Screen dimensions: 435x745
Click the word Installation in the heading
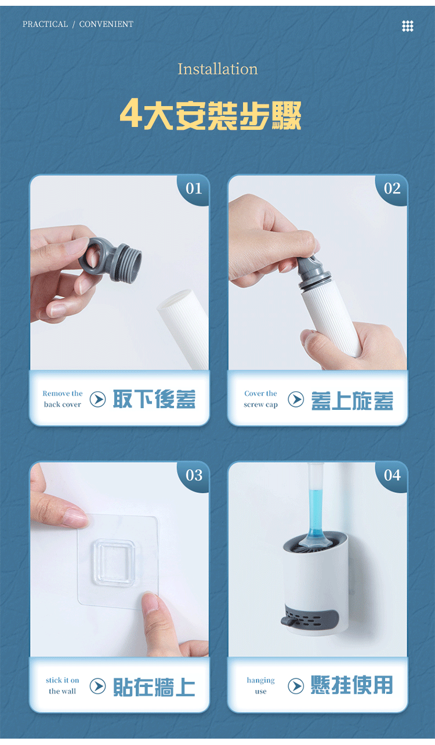coord(217,69)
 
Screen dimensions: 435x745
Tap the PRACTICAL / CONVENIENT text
coord(78,24)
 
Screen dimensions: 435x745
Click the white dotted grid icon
coord(408,26)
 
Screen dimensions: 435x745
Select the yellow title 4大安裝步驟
coord(211,114)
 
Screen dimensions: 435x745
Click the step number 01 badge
coord(194,188)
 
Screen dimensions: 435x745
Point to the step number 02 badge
coord(392,188)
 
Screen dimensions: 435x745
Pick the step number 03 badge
coord(194,475)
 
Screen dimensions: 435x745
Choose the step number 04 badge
coord(392,475)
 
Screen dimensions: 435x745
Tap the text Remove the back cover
coord(63,399)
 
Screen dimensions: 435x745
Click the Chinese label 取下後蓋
coord(154,399)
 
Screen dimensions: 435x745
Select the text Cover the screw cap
coord(260,399)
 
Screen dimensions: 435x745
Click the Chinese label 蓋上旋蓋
coord(352,401)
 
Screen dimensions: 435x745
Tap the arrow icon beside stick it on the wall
coord(98,686)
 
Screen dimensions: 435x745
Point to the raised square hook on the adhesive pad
coord(113,562)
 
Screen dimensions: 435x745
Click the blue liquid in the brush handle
coord(315,514)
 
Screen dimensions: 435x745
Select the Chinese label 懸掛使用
coord(352,685)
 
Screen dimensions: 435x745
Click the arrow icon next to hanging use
coord(296,686)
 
